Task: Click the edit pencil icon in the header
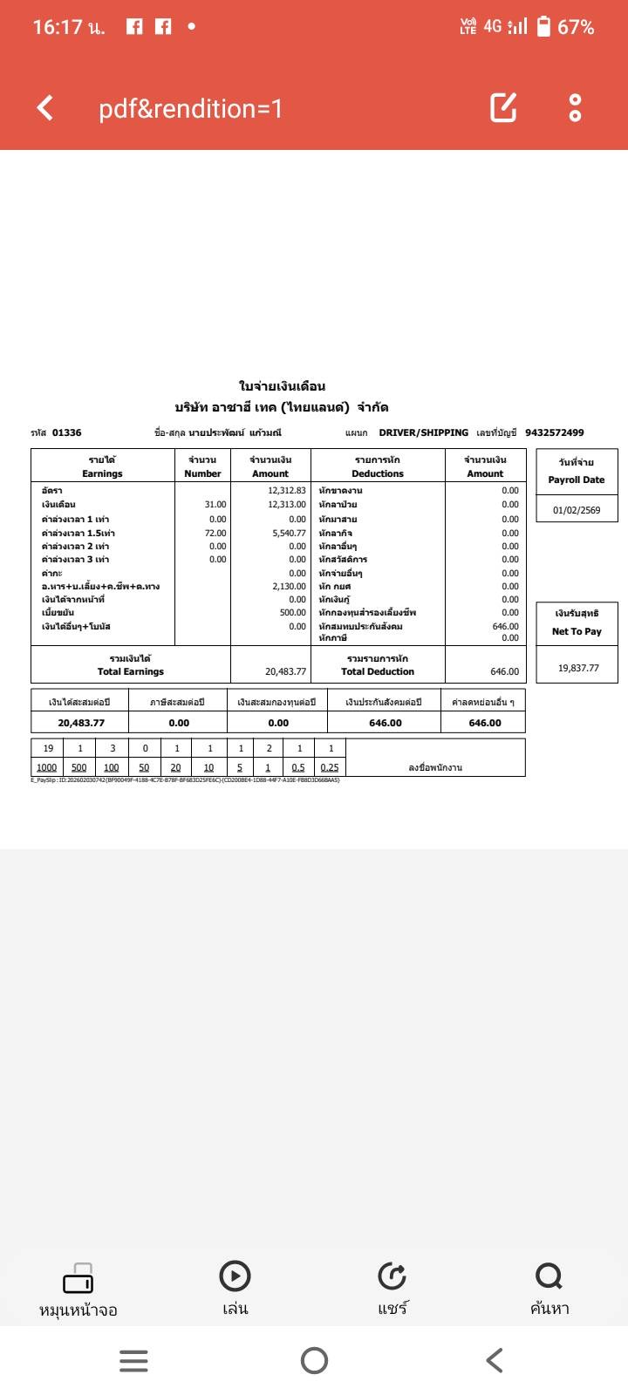503,107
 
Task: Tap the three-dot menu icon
575,107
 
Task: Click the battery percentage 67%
576,27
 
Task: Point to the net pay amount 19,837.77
578,668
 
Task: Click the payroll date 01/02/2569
577,510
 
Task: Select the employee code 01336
66,432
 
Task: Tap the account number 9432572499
555,432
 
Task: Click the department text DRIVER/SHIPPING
423,432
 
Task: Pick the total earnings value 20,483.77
285,671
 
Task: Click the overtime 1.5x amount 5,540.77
289,533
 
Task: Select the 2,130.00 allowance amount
289,587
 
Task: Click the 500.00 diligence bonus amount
292,613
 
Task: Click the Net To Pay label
577,631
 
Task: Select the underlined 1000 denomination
46,767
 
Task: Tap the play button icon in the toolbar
235,1276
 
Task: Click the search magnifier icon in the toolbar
549,1276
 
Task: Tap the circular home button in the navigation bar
314,1360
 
